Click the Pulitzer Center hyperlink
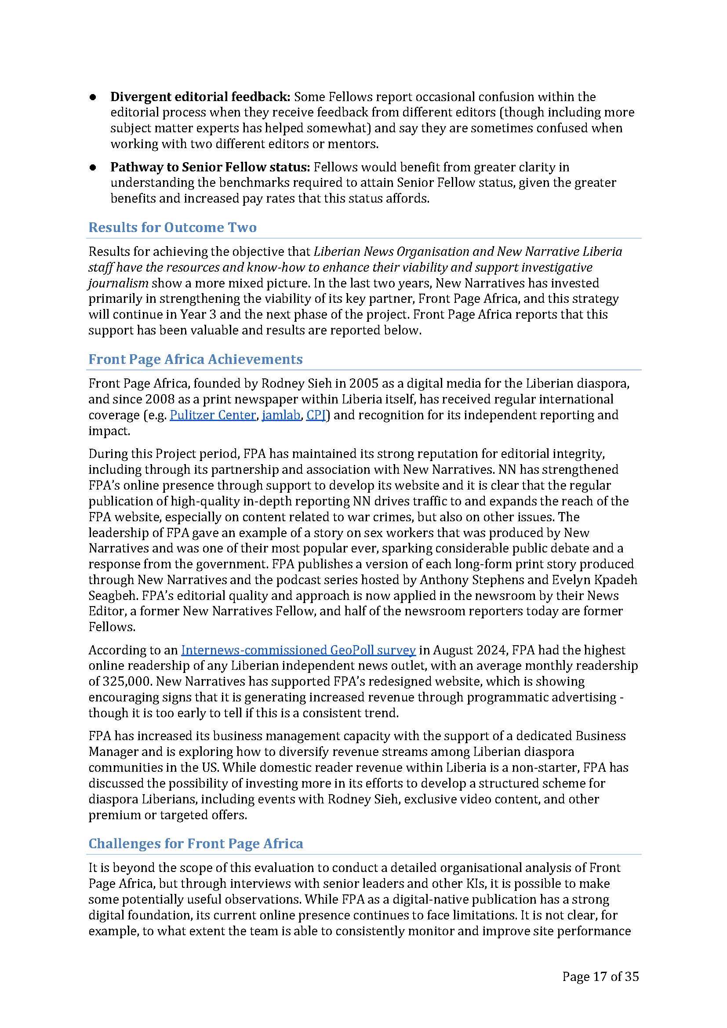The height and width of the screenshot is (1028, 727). [213, 415]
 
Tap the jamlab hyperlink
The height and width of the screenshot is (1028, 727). [281, 415]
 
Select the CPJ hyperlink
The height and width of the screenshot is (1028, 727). [316, 415]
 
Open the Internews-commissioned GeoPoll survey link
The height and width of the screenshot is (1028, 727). [298, 650]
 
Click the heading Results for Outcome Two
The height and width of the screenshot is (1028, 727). [172, 228]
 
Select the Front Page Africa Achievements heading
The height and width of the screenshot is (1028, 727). [195, 359]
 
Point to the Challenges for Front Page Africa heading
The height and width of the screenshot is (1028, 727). [196, 843]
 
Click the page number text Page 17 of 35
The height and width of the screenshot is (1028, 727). [600, 977]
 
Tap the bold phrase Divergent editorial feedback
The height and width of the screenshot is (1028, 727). [200, 97]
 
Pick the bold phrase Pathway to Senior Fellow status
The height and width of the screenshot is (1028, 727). [210, 167]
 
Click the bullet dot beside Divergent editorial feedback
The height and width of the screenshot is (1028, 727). [93, 97]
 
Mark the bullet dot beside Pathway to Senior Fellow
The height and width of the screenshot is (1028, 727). [93, 167]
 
